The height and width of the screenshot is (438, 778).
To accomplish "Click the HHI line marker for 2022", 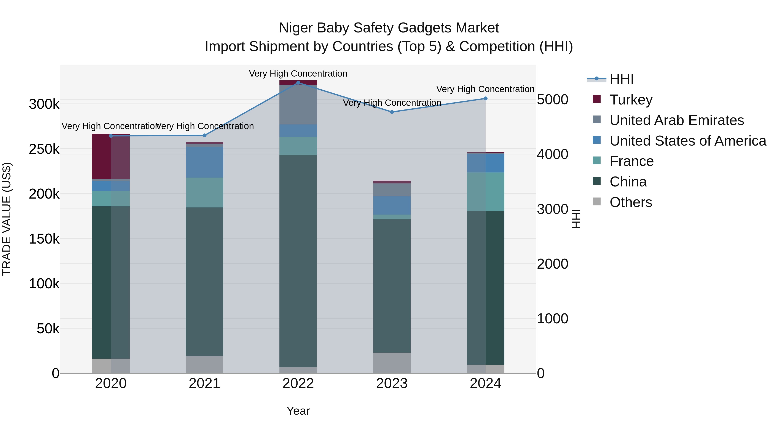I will pos(298,83).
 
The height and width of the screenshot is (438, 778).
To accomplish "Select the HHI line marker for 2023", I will pos(392,112).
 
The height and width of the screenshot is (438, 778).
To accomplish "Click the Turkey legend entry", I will pos(631,100).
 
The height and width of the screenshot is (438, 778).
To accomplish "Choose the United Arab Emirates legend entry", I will pos(676,120).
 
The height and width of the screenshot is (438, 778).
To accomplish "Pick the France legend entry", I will pos(631,161).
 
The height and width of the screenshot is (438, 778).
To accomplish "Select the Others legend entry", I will pos(631,202).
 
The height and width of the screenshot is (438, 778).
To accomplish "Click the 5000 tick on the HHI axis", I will pos(552,100).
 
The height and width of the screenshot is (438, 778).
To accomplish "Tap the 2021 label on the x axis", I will pos(204,383).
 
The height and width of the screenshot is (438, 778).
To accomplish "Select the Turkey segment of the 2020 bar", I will pos(110,157).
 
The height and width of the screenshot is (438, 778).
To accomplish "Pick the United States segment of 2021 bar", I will pos(204,162).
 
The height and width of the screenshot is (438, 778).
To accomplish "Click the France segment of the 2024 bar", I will pos(485,192).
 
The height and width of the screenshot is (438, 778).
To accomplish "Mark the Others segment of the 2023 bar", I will pos(392,363).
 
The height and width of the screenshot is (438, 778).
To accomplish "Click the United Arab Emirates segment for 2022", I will pos(298,105).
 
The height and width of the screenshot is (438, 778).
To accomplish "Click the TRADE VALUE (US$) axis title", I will pos(7,219).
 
